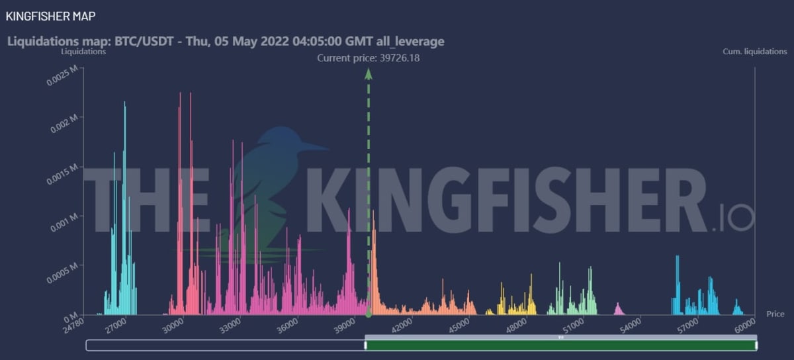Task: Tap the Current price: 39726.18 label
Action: [369, 58]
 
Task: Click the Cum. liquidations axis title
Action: [755, 51]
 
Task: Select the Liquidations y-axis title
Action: [83, 51]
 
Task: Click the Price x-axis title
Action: [775, 314]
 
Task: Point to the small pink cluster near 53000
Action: [618, 309]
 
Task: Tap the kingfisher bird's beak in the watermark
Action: [314, 146]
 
